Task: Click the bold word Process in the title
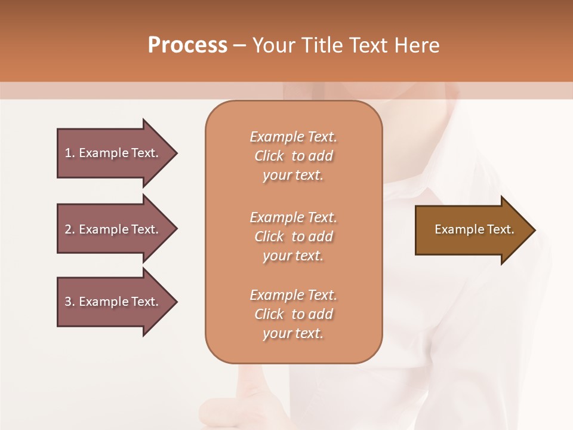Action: pyautogui.click(x=187, y=45)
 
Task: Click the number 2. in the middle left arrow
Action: pyautogui.click(x=70, y=229)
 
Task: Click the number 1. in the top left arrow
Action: pyautogui.click(x=70, y=153)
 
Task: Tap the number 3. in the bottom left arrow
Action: pyautogui.click(x=70, y=302)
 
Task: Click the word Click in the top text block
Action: pyautogui.click(x=269, y=156)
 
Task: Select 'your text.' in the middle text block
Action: pyautogui.click(x=293, y=256)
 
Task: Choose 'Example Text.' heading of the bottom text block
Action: pyautogui.click(x=293, y=295)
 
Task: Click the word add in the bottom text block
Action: pyautogui.click(x=321, y=314)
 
